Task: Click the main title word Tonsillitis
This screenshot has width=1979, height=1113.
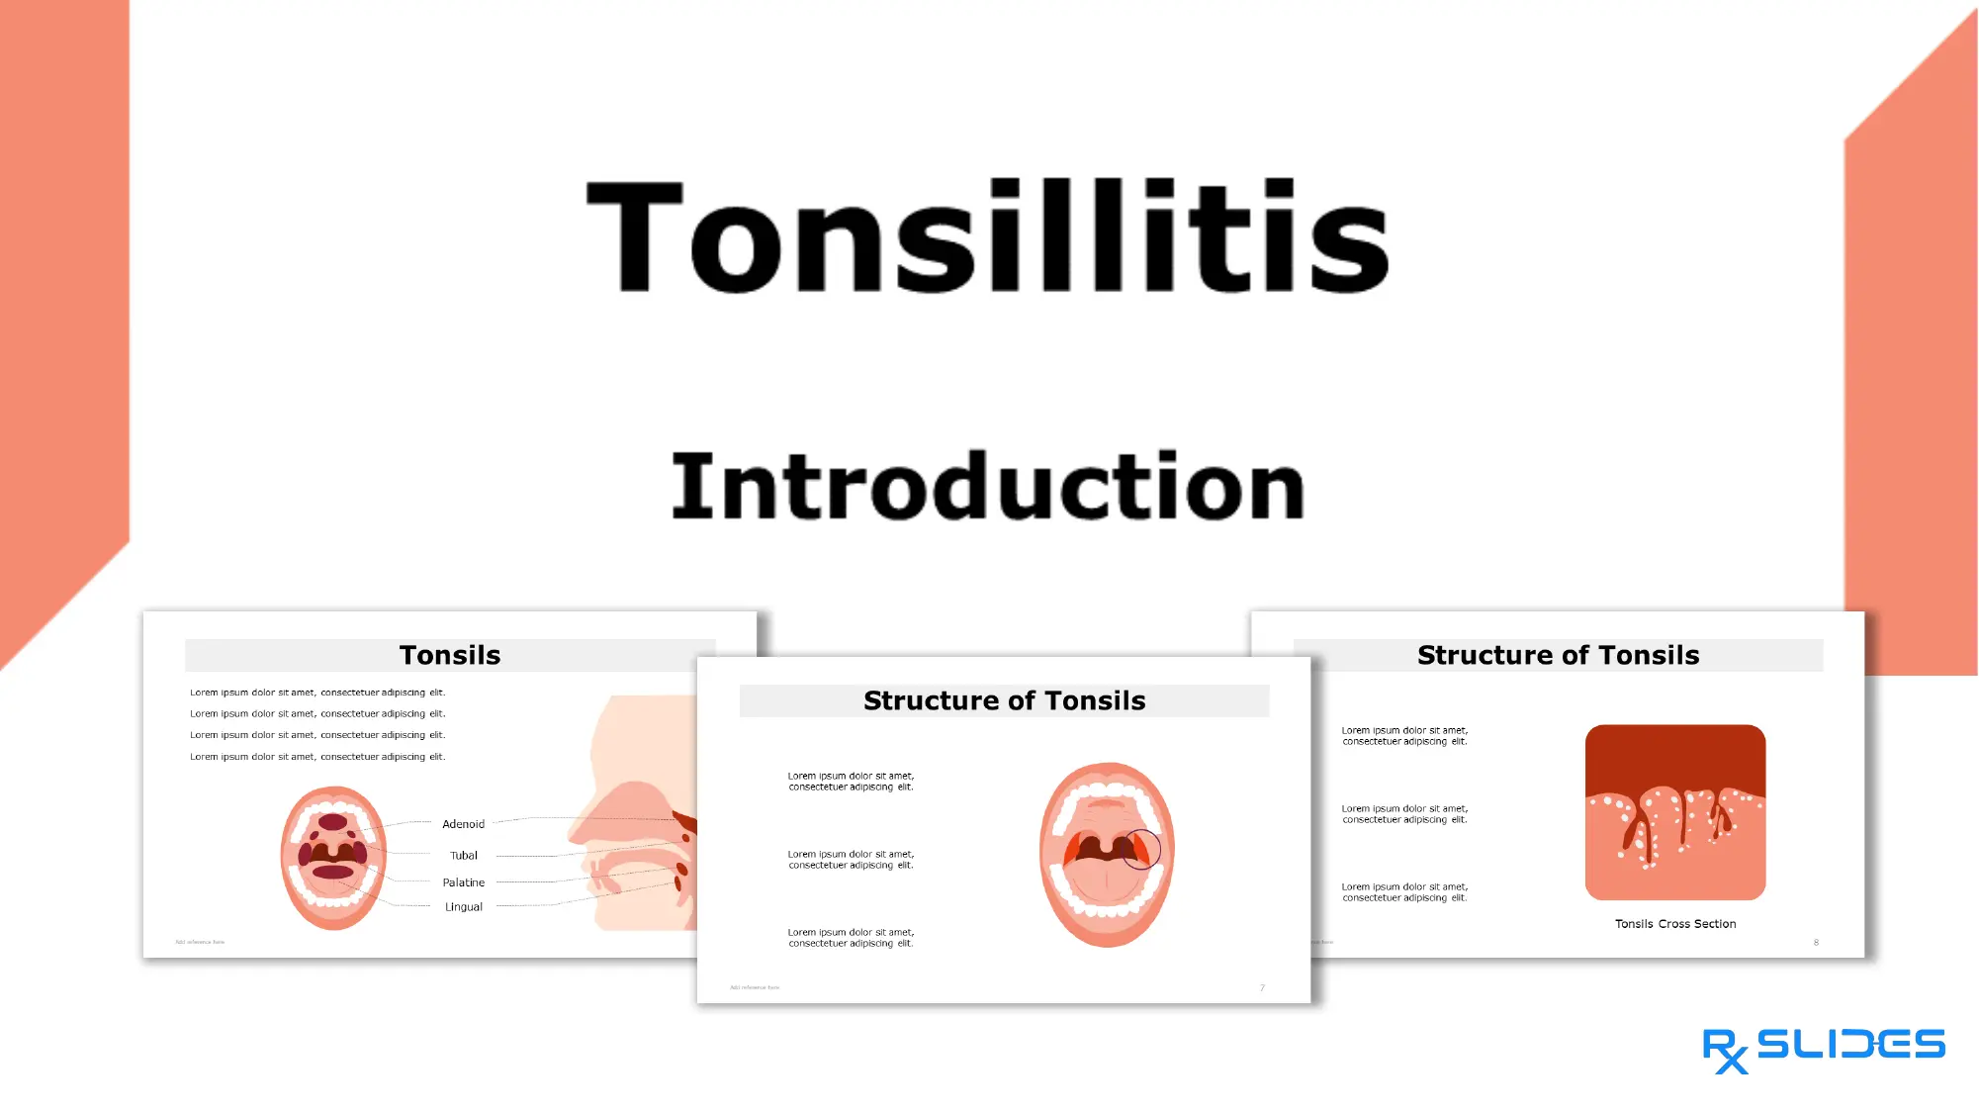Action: click(988, 237)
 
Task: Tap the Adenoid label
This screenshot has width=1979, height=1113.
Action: click(463, 824)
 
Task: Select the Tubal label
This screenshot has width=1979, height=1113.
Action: click(463, 856)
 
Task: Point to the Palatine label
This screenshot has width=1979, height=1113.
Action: click(463, 882)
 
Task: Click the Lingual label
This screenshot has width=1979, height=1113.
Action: click(463, 907)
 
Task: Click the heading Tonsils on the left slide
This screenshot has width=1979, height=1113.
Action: click(450, 655)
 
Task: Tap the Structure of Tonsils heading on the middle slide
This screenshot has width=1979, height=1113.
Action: click(1004, 700)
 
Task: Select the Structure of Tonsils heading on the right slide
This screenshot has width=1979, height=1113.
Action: click(1558, 655)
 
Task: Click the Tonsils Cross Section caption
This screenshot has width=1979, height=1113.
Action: click(1675, 924)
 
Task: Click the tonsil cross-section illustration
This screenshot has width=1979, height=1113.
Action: click(1675, 812)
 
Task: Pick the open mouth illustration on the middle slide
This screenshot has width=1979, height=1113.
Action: click(1107, 854)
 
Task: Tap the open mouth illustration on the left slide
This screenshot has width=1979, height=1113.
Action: click(333, 858)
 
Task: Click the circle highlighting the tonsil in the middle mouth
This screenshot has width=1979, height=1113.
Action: click(1141, 849)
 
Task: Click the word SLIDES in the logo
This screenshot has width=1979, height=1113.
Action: click(1850, 1045)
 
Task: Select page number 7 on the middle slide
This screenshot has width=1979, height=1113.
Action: click(1262, 987)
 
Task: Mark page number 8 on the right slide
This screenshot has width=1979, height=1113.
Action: click(1816, 942)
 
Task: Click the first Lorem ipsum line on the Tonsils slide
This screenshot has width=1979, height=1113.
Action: click(317, 693)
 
